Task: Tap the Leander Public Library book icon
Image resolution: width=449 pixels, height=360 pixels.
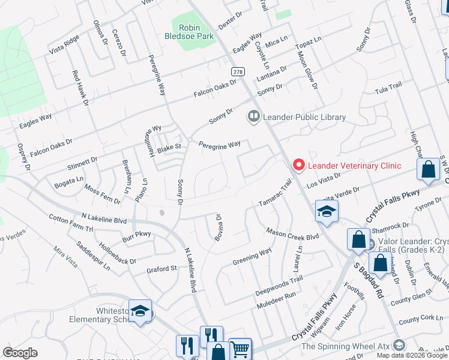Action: point(254,116)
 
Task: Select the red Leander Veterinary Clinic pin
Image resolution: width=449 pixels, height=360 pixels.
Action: point(297,165)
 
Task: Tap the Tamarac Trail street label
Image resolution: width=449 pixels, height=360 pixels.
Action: point(274,194)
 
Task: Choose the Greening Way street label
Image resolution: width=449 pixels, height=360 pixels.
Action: point(252,257)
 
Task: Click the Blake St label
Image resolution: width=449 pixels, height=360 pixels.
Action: point(169,146)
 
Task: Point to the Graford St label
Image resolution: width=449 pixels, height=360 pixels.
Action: point(161,269)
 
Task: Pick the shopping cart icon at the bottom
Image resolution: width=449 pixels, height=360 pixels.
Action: point(240,348)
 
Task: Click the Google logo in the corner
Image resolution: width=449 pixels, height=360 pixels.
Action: point(20,353)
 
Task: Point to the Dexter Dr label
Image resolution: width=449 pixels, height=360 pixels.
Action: point(230,21)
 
